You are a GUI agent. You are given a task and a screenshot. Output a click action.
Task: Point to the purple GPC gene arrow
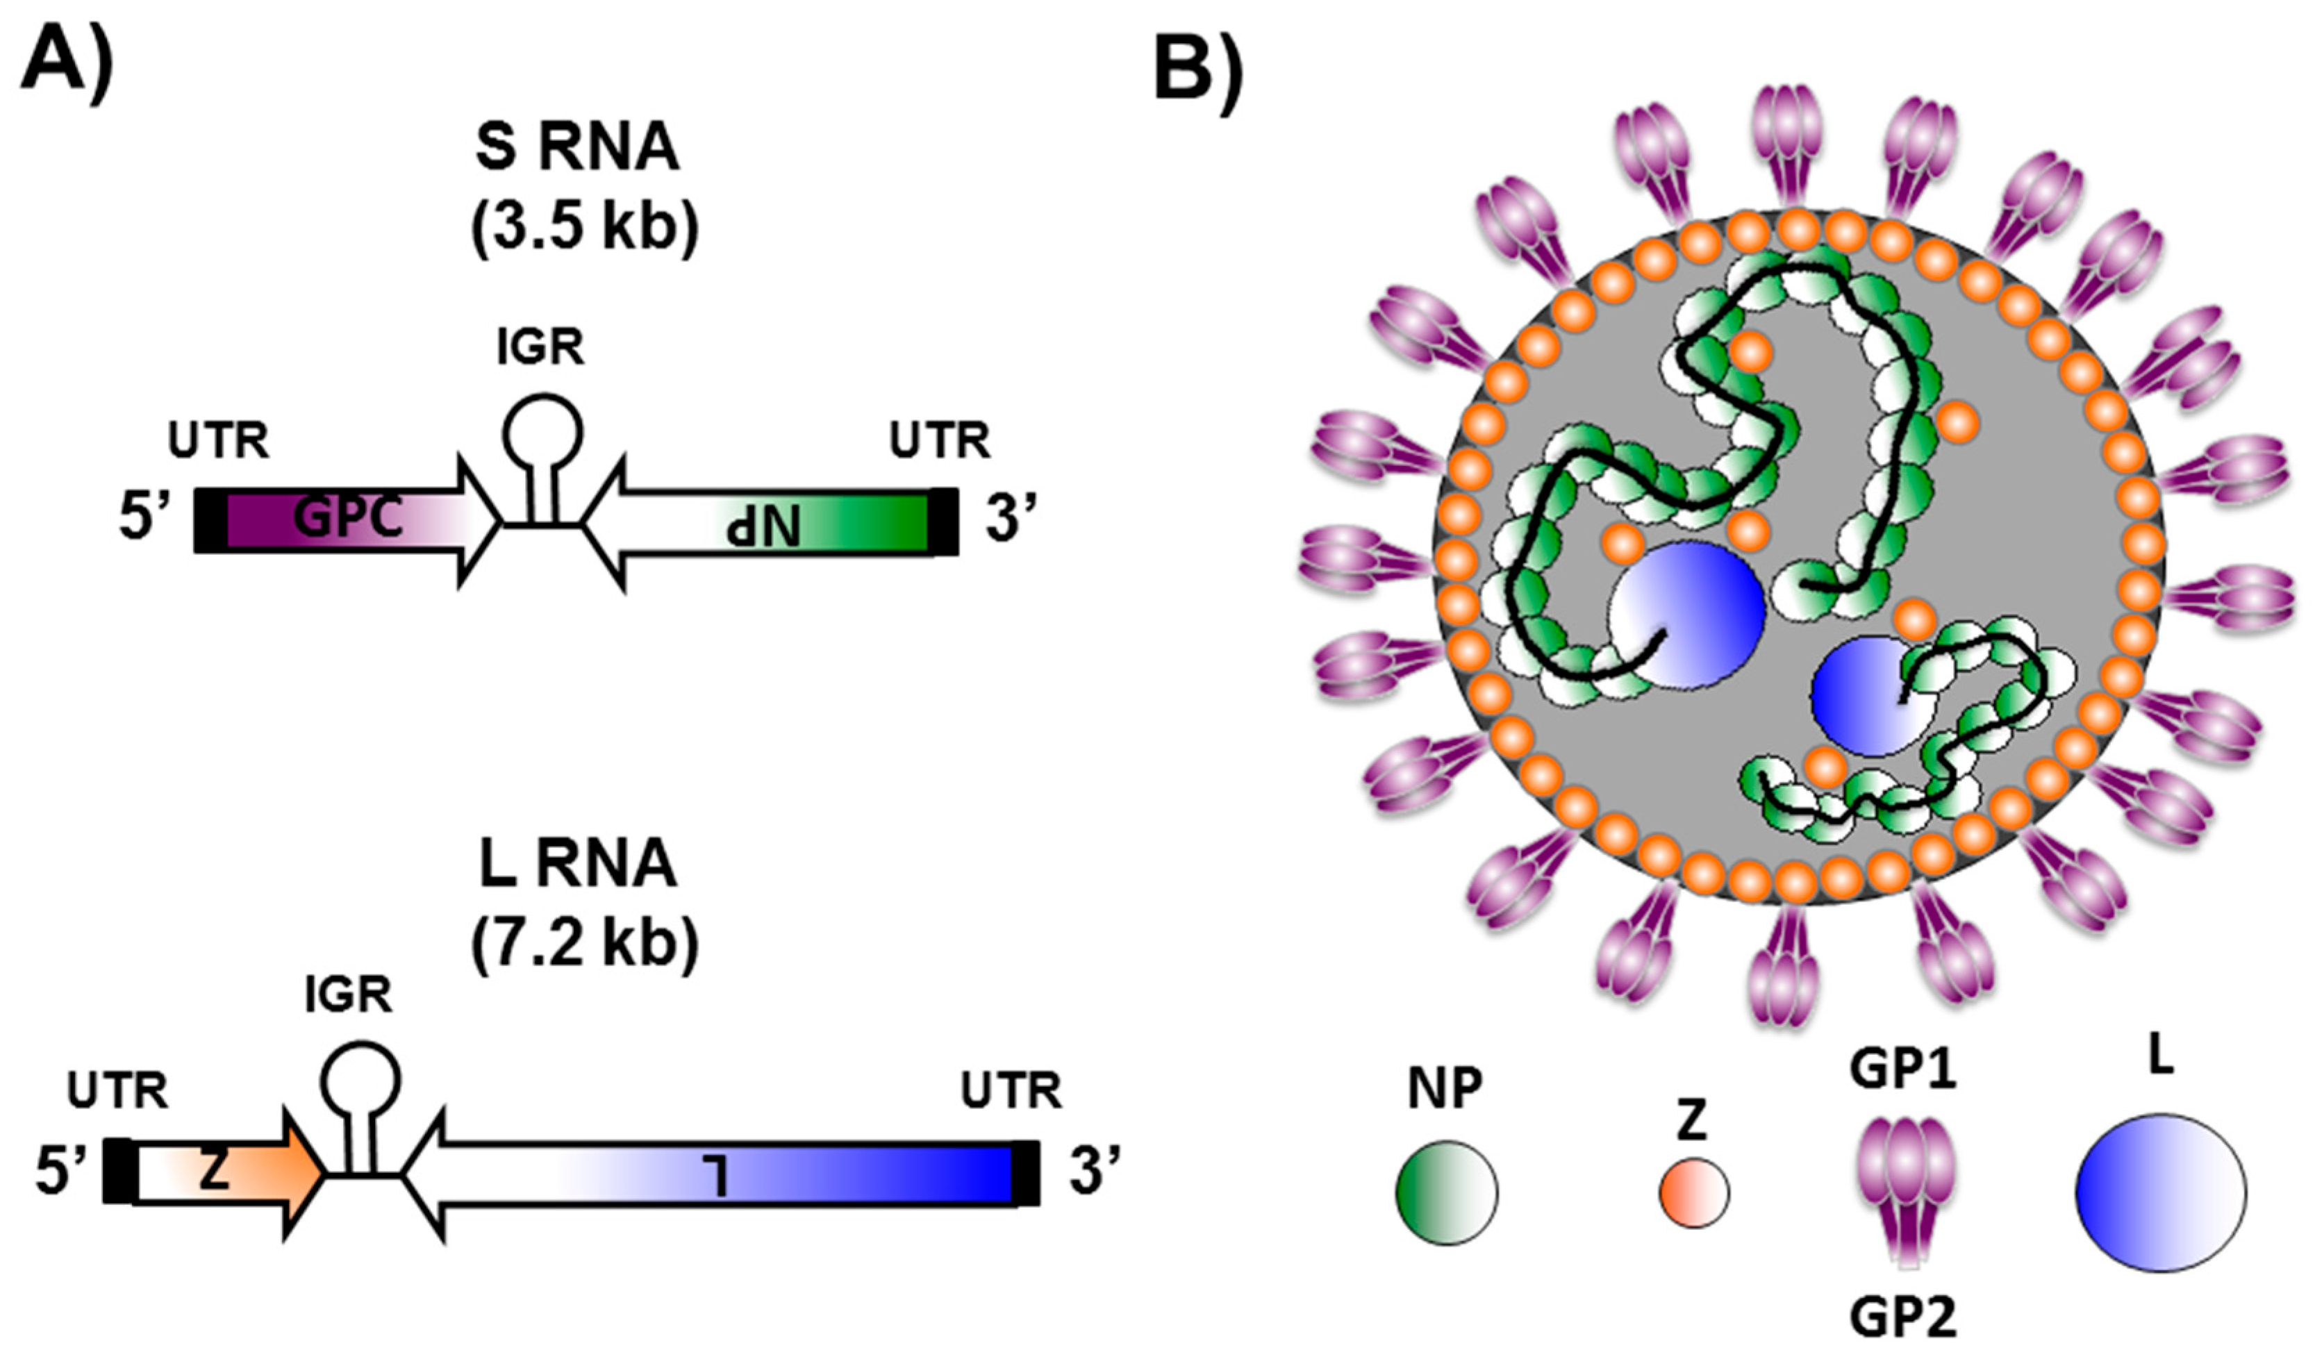tap(349, 521)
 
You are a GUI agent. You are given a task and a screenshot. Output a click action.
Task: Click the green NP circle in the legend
tap(1446, 1192)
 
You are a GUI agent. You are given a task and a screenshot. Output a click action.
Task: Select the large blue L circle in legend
tap(2159, 1192)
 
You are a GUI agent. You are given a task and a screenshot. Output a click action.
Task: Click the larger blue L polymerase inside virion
tap(1686, 614)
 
